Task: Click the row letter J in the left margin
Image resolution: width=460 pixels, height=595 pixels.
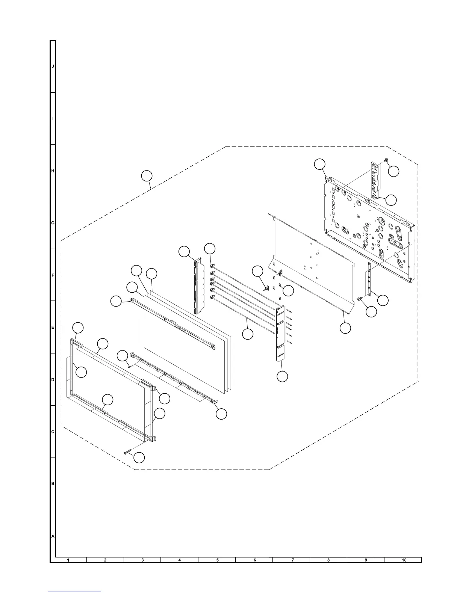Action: click(53, 66)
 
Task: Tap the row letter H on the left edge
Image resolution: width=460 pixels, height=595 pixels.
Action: click(53, 171)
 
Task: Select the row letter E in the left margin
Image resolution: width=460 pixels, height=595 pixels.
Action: click(53, 328)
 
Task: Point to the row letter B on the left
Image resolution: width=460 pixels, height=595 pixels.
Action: click(53, 484)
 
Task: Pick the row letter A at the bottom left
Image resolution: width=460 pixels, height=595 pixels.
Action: click(53, 536)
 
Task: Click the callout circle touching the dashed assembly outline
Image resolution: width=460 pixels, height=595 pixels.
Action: click(147, 176)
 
